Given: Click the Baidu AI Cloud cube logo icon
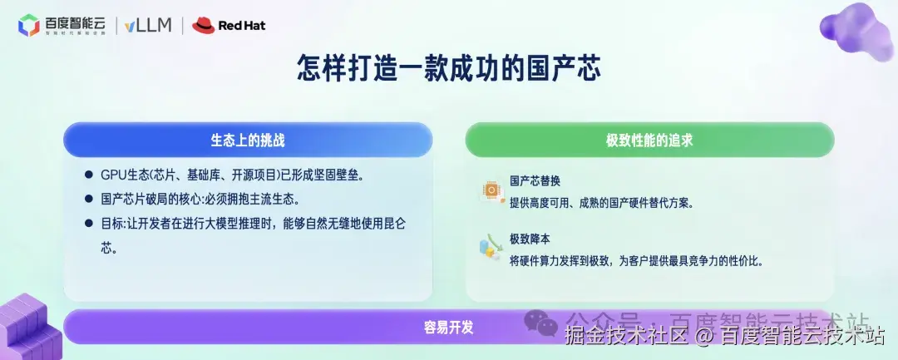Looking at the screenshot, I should click(x=29, y=26).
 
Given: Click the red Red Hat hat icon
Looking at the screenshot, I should click(x=203, y=26).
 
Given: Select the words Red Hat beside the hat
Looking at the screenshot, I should click(x=242, y=26).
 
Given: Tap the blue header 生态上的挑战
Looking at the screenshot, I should click(x=248, y=140).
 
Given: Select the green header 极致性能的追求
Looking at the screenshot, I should click(x=649, y=140).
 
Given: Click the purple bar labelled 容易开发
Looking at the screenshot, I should click(x=449, y=327).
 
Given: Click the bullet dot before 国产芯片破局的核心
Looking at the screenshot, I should click(x=88, y=200).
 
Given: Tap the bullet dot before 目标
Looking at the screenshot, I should click(x=88, y=224).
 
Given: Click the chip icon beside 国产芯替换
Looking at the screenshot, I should click(x=491, y=190).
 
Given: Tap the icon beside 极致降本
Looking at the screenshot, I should click(x=489, y=248).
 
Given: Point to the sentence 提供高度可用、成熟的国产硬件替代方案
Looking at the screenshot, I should click(x=600, y=202).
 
